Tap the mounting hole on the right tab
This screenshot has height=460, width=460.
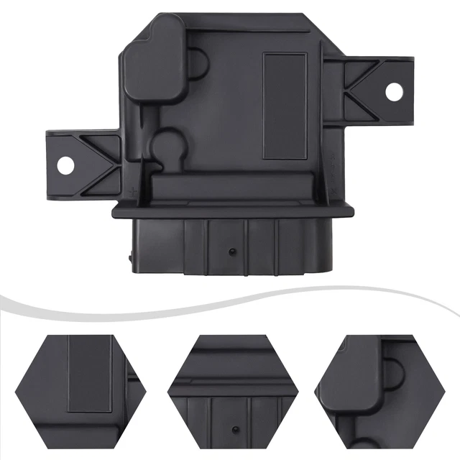pos(394,91)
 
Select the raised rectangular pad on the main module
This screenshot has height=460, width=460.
pos(285,106)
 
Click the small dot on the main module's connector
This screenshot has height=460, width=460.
pos(232,251)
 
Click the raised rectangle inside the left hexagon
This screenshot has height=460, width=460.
pos(89,374)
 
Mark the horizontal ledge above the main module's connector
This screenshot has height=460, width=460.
pos(234,209)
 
